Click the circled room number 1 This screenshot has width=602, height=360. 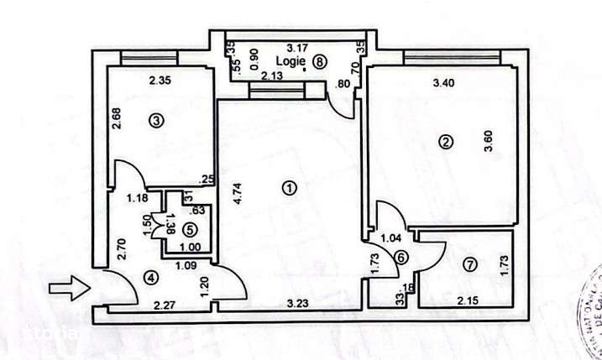[x=290, y=189]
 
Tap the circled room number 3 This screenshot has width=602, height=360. [x=154, y=122]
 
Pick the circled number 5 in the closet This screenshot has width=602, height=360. [x=190, y=228]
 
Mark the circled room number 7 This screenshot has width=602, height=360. [x=469, y=265]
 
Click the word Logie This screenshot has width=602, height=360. [x=291, y=60]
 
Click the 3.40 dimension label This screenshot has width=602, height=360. [x=443, y=83]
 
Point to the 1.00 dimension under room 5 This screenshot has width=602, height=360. [x=190, y=248]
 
